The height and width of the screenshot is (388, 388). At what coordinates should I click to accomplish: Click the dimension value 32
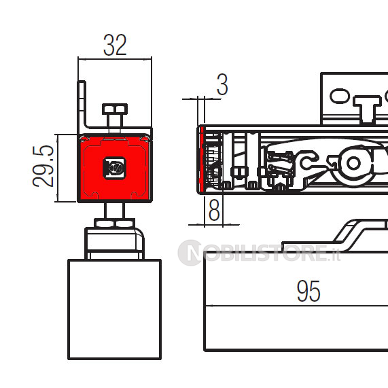click(115, 45)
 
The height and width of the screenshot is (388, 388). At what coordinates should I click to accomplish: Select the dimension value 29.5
click(43, 166)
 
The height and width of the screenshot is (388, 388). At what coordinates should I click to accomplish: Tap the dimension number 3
click(222, 84)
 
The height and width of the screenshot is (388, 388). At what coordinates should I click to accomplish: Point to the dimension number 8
click(214, 210)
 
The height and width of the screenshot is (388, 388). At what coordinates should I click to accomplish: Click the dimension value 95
click(308, 291)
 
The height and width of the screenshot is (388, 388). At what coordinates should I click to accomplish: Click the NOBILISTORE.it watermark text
click(259, 253)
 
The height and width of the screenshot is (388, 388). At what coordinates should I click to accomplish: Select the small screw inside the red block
click(115, 169)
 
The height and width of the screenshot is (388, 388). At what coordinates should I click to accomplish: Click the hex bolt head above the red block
click(115, 109)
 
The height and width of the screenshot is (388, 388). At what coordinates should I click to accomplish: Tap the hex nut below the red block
click(115, 223)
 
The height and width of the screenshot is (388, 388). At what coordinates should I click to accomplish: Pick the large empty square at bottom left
click(115, 309)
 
